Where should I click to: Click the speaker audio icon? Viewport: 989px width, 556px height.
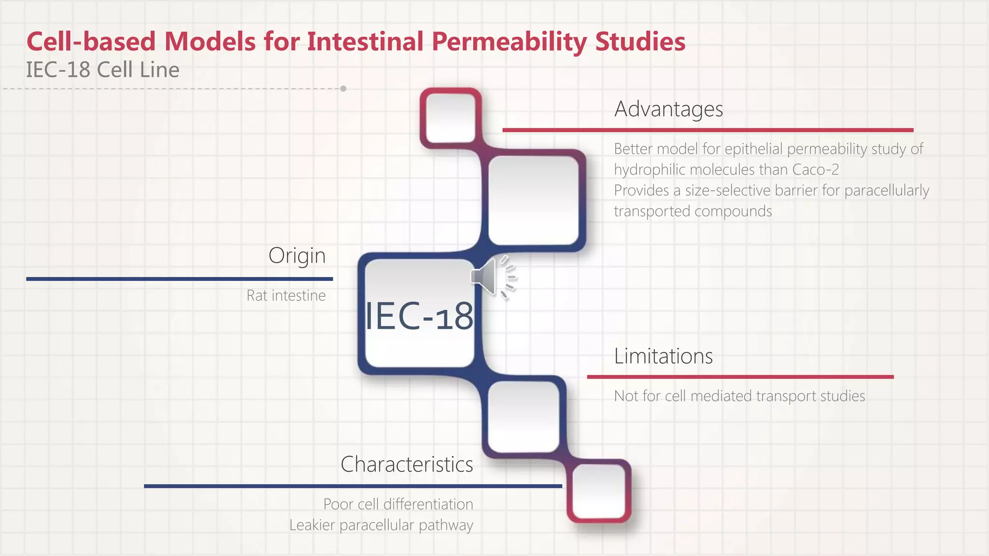tap(492, 277)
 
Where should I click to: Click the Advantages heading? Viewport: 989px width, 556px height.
tap(668, 109)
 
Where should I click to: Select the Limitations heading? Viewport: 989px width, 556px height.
tap(663, 356)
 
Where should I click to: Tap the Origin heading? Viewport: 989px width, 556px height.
tap(297, 255)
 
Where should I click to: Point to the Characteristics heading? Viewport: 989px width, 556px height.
tap(407, 464)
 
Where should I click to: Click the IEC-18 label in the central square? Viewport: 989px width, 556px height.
tap(419, 316)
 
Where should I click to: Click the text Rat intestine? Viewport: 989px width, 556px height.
tap(286, 295)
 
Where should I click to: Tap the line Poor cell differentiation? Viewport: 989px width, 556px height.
tap(398, 504)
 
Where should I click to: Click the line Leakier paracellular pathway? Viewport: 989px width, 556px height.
tap(381, 525)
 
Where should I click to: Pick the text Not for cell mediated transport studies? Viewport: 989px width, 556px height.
tap(739, 396)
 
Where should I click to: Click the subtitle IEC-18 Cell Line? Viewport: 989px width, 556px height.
tap(102, 70)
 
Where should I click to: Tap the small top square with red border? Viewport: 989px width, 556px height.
tap(451, 118)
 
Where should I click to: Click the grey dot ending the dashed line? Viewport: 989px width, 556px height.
tap(343, 89)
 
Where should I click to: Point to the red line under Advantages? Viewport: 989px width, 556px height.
tap(707, 130)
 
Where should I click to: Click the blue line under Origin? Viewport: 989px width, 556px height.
tap(179, 279)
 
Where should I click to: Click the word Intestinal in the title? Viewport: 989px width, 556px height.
tap(365, 42)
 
